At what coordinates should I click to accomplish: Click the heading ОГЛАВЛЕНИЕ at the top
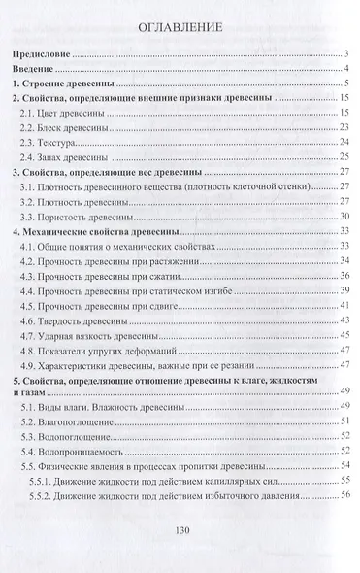click(x=180, y=27)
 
